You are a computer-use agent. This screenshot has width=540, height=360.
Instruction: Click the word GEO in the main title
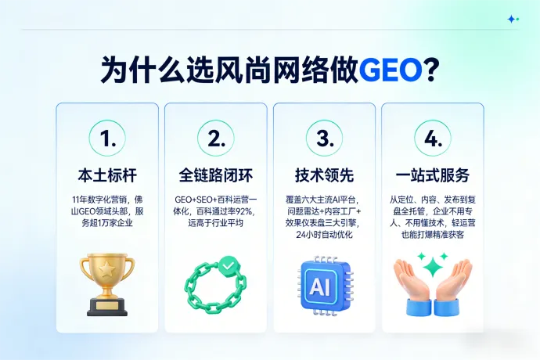tap(389, 69)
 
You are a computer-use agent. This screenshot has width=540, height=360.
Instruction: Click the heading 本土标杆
tap(106, 175)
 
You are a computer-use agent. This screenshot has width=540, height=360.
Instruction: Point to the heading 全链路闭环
tap(215, 175)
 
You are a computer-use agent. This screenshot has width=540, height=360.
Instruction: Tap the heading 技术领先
tap(323, 175)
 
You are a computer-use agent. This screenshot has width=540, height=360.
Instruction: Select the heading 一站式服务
tap(432, 175)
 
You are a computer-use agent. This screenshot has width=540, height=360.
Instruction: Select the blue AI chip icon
tap(323, 283)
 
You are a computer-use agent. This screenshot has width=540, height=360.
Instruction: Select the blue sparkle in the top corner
tap(513, 19)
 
